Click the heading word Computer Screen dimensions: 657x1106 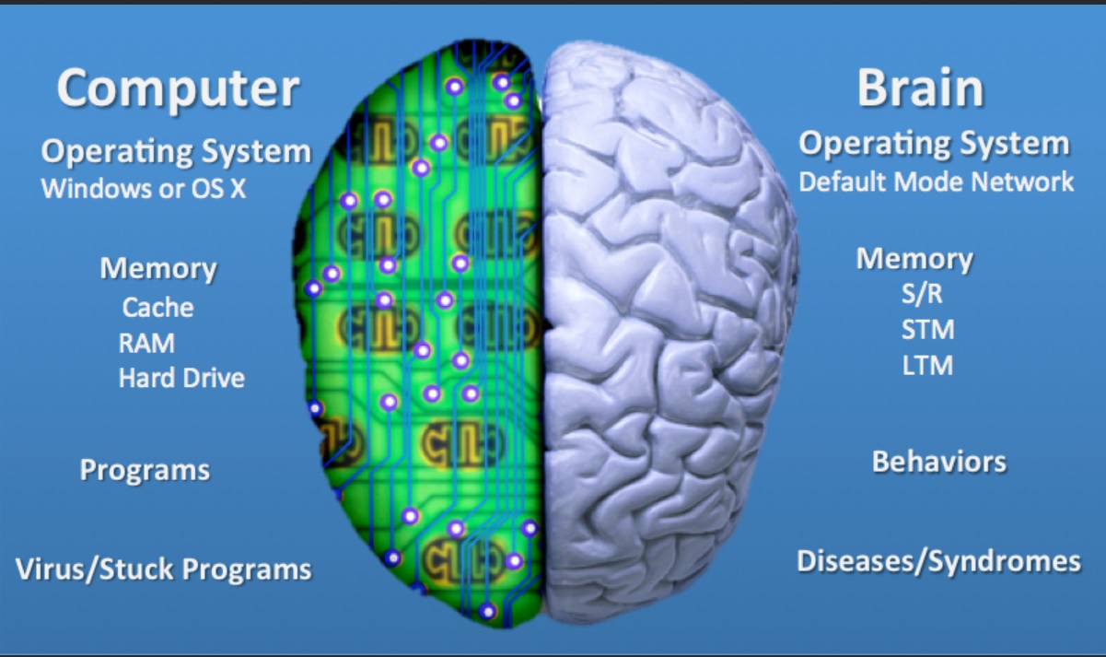[x=178, y=89]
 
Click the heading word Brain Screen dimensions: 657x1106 [x=920, y=89]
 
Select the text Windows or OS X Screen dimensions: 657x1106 [x=145, y=189]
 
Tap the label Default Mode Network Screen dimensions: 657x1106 [x=936, y=182]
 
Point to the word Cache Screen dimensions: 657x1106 [x=157, y=307]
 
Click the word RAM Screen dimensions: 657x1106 [x=146, y=344]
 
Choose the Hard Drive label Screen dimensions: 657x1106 [x=181, y=378]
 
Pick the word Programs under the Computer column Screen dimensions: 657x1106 [x=145, y=470]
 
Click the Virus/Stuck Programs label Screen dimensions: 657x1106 [x=163, y=569]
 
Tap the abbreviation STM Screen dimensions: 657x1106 [x=927, y=329]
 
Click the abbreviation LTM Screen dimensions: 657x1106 [x=927, y=365]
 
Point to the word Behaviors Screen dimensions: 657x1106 [x=938, y=461]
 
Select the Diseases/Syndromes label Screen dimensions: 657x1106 [x=937, y=560]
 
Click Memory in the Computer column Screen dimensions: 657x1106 [x=158, y=268]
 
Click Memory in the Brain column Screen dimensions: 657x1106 [x=914, y=259]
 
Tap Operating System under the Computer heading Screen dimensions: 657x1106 [x=176, y=151]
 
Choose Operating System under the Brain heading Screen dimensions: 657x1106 [x=934, y=144]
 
